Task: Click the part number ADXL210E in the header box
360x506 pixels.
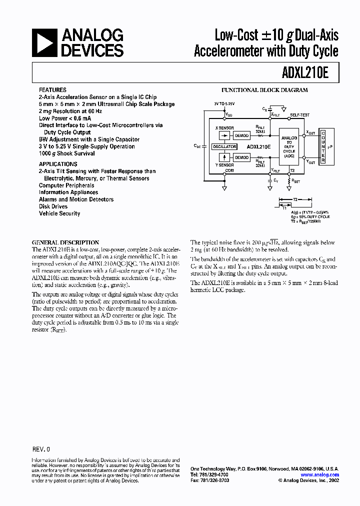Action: [x=310, y=73]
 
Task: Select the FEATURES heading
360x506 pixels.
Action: [x=52, y=90]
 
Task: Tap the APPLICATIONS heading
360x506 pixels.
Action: [x=58, y=164]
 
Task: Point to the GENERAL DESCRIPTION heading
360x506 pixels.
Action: [x=65, y=242]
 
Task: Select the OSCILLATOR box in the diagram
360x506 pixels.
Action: [x=224, y=147]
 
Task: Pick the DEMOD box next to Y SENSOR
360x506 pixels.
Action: [x=242, y=157]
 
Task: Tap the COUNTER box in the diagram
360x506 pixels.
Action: [x=323, y=146]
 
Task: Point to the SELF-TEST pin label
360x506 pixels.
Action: [x=299, y=115]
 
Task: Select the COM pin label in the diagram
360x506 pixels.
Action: [x=229, y=170]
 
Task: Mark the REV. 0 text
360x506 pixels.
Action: [x=41, y=449]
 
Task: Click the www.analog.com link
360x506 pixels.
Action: [x=320, y=474]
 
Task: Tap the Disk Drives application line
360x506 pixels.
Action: [x=53, y=206]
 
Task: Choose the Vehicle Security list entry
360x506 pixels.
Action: [x=59, y=213]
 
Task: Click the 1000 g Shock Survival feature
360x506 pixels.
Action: [x=67, y=153]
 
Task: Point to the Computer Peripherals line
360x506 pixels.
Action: [x=66, y=185]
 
